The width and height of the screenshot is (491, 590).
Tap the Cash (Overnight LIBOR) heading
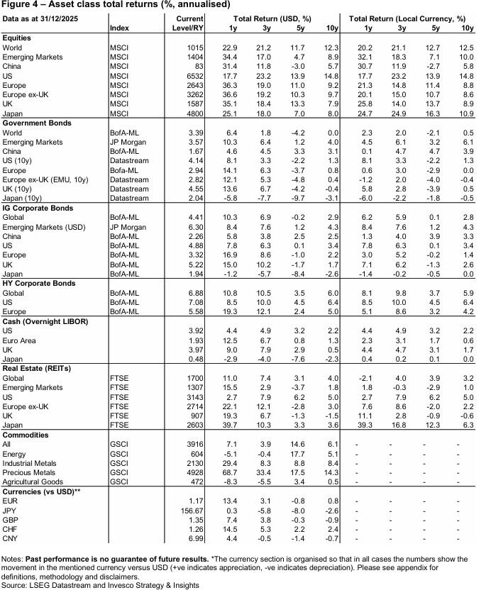pos(45,321)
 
